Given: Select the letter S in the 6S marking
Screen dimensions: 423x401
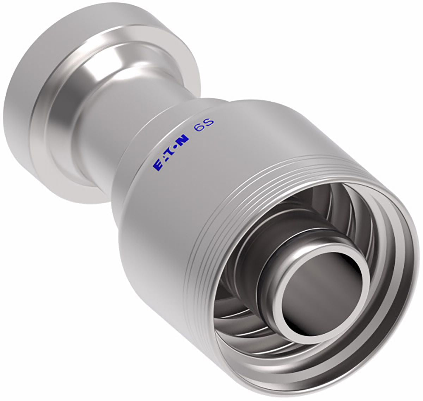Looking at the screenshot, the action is coord(209,122).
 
